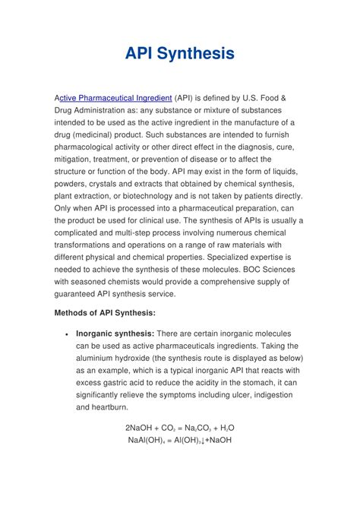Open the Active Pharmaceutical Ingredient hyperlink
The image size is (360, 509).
pyautogui.click(x=115, y=98)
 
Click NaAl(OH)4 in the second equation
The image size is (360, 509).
pyautogui.click(x=147, y=440)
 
